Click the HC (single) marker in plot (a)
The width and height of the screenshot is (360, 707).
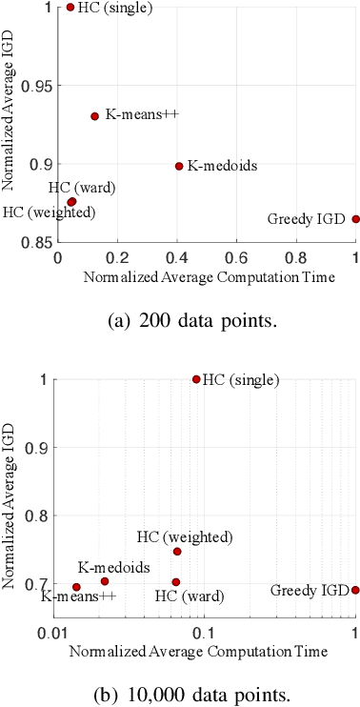point(70,7)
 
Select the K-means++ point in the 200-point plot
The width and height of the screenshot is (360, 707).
point(94,116)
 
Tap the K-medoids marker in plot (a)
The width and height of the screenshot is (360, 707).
point(179,166)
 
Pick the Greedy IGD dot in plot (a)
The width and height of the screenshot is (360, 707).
point(355,219)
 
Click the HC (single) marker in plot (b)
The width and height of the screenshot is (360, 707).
point(196,379)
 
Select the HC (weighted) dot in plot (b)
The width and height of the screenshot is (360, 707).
point(177,552)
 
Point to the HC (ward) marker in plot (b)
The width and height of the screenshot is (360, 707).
point(176,582)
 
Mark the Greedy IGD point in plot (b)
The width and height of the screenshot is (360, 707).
point(355,590)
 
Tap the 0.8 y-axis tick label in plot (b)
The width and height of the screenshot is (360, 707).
point(44,515)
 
